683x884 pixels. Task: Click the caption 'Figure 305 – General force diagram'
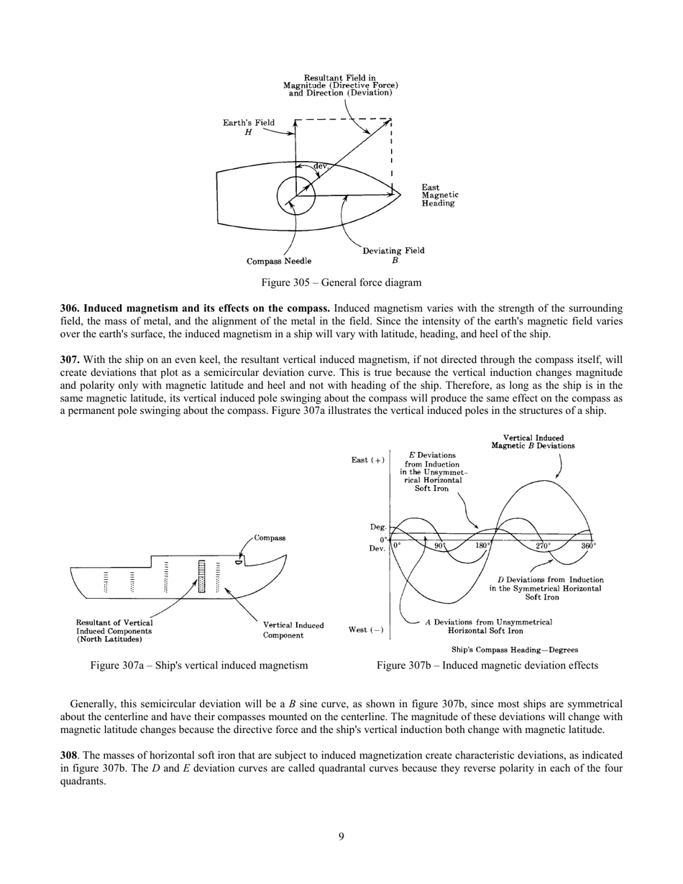(341, 282)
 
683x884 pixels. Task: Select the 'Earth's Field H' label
(248, 127)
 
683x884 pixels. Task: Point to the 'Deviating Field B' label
(393, 255)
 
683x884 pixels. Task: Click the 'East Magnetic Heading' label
(439, 195)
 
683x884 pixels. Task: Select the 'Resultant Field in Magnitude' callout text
(340, 85)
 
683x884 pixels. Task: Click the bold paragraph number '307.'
(70, 359)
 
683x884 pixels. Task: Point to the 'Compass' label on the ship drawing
(270, 538)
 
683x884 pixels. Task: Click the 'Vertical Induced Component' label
(293, 630)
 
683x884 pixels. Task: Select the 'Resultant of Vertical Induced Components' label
(114, 630)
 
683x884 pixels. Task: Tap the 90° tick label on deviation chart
(440, 545)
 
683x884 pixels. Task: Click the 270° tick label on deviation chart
(544, 545)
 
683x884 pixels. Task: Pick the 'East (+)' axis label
(367, 460)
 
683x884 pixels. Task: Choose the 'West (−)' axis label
(366, 630)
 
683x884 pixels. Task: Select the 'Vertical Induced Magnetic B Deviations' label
(533, 441)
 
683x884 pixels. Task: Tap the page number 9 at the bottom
(341, 836)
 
